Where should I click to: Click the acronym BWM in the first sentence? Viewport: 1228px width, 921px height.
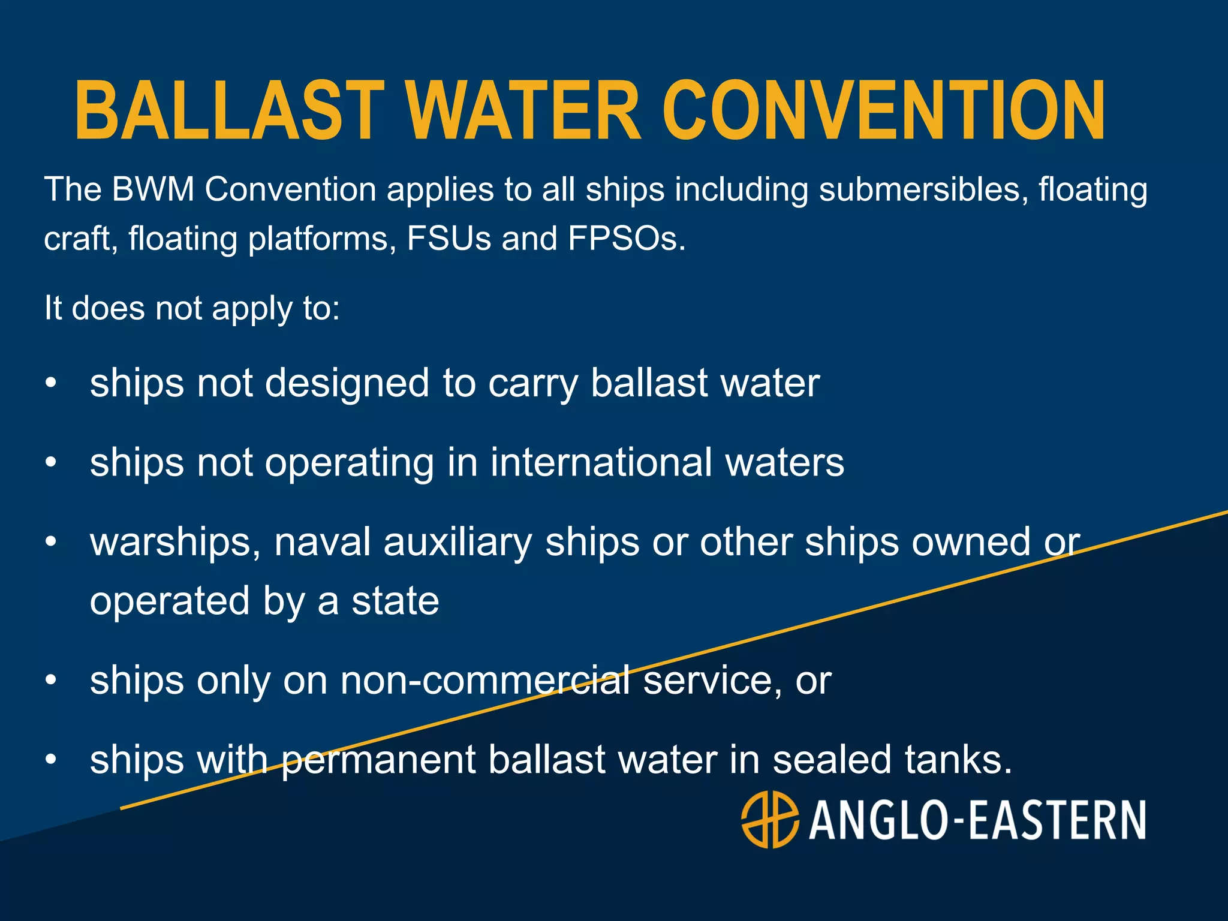click(153, 189)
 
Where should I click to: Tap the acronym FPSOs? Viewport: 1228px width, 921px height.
click(625, 239)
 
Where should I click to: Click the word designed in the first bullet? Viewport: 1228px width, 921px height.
click(347, 384)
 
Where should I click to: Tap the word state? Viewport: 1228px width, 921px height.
click(395, 601)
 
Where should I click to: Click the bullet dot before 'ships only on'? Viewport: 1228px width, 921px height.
click(52, 681)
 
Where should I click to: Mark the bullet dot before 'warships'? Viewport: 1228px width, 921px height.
click(52, 542)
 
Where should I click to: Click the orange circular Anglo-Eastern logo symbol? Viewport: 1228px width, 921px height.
click(770, 820)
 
